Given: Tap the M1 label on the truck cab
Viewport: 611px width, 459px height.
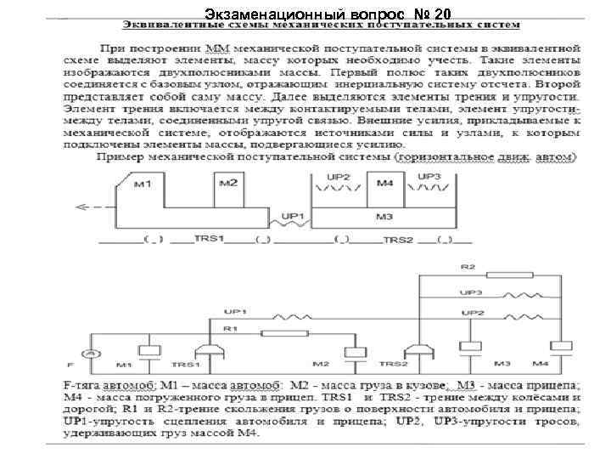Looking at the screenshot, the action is [143, 185].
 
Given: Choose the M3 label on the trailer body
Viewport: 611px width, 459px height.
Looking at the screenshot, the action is [384, 218].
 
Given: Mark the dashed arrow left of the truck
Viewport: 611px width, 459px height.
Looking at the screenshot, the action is [92, 207].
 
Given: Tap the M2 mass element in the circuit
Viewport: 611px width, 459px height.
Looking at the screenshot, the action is [348, 352].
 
